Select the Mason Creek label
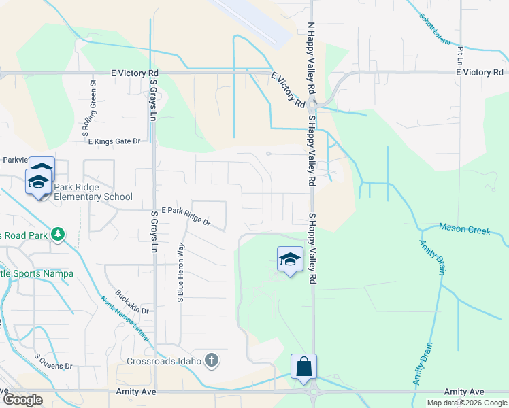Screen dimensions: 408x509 [465, 230]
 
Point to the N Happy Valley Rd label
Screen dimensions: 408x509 [312, 57]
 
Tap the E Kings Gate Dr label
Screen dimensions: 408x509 [114, 141]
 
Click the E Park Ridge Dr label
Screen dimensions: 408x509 [185, 216]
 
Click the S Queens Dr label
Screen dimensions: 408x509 [53, 361]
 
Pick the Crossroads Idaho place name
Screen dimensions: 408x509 [164, 360]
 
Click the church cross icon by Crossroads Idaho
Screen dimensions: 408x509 [212, 360]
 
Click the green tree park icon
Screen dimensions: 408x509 [59, 235]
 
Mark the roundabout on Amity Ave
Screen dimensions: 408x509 [313, 392]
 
